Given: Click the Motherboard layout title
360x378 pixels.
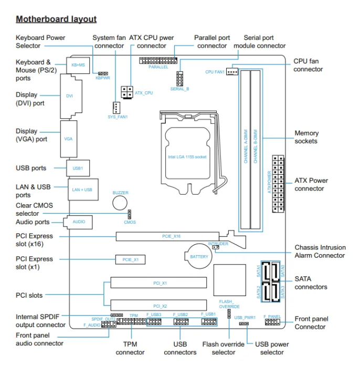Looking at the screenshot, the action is click(x=56, y=19).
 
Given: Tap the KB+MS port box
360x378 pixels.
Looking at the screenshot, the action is click(x=78, y=65).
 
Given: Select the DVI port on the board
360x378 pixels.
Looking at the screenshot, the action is click(x=71, y=96).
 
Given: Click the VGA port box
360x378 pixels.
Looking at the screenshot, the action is click(x=69, y=139).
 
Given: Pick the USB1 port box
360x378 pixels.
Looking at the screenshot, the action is click(x=78, y=168).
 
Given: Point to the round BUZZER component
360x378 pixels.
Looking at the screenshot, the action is click(x=120, y=203).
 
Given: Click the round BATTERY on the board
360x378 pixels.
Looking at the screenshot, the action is click(x=198, y=256).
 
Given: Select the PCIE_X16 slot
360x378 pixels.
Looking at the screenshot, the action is click(x=167, y=236).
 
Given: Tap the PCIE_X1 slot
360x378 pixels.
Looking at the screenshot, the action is click(x=130, y=260).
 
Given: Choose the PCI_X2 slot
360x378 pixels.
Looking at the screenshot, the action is click(x=158, y=305).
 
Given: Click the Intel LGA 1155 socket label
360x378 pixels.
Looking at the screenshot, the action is click(x=187, y=157).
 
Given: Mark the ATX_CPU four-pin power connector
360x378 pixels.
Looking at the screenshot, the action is click(x=127, y=92).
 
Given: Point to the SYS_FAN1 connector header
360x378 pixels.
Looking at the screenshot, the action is click(x=116, y=108).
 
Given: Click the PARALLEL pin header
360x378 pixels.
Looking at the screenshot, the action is click(x=158, y=60).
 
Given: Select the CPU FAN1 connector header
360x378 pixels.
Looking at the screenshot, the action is click(x=232, y=71).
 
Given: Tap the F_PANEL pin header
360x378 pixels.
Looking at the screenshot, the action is click(x=272, y=322).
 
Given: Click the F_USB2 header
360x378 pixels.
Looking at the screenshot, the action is click(x=181, y=322).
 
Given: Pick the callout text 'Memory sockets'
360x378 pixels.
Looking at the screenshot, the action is click(x=306, y=137).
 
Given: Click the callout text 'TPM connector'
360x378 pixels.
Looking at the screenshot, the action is click(x=130, y=348).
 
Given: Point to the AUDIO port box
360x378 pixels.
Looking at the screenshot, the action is click(x=78, y=222).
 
